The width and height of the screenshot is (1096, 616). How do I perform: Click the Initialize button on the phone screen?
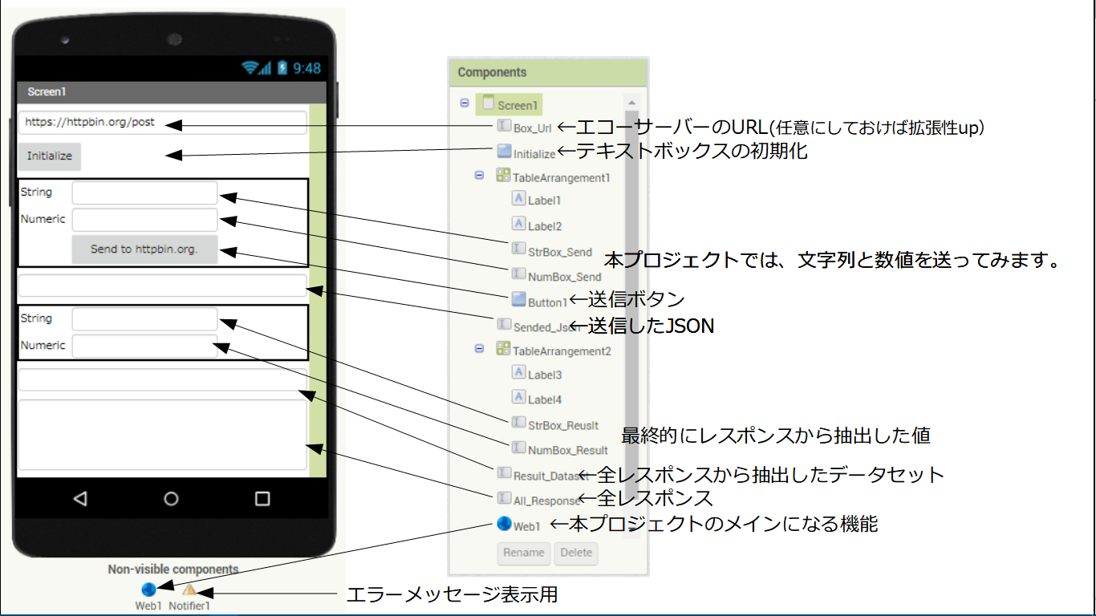(50, 156)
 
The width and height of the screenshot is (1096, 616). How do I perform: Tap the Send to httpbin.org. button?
(144, 249)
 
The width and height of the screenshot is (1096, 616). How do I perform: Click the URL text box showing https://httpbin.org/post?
(162, 123)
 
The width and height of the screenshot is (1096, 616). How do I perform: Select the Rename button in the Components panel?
(524, 553)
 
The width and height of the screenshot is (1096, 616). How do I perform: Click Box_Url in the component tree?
(532, 128)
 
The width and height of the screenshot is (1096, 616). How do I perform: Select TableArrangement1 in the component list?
(561, 177)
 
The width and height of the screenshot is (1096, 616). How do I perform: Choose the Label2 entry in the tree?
(545, 226)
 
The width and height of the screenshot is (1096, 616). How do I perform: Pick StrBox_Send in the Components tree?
(559, 252)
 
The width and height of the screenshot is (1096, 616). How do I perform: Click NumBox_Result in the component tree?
(567, 450)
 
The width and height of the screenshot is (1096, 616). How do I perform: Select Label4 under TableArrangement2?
(545, 399)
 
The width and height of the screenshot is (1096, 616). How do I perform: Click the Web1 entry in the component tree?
(526, 526)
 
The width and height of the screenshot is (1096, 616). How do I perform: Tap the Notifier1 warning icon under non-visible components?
(189, 591)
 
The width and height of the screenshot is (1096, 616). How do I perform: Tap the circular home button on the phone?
(171, 499)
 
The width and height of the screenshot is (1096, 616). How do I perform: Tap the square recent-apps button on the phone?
(262, 499)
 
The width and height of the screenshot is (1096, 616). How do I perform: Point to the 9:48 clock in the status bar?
(306, 68)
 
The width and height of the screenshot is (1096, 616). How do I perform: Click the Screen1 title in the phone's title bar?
(47, 92)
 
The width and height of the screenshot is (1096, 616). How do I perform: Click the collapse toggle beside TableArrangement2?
(479, 349)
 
